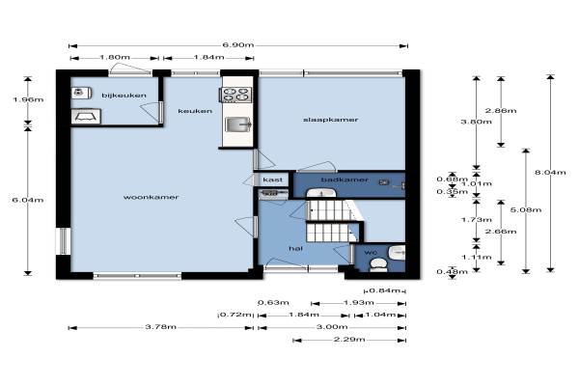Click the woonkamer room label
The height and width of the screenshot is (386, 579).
pos(152,197)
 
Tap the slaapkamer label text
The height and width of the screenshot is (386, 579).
pos(330,120)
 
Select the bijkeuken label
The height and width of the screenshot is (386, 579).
pos(124,96)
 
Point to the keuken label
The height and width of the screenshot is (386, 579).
pos(195,111)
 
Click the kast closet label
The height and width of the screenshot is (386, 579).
pos(272,179)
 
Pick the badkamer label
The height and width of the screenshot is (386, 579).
pos(345,179)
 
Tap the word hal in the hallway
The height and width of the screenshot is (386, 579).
pos(296,249)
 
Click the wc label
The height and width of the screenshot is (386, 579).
pos(371,253)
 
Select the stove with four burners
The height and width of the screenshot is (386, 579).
pos(236,95)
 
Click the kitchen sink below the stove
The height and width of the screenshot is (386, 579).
pos(238,124)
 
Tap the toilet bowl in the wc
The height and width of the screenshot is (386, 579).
pos(378,264)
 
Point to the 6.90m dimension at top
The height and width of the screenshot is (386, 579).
pos(238,45)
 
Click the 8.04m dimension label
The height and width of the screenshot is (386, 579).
pos(550,172)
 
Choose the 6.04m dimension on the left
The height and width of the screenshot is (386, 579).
pos(28,200)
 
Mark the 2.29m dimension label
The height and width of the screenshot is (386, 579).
pos(349,339)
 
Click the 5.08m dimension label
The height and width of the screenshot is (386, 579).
pos(526,210)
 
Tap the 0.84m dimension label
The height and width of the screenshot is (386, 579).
pos(384,290)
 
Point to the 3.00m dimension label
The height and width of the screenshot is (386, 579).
pos(332,327)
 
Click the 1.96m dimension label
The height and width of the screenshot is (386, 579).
pos(28,99)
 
